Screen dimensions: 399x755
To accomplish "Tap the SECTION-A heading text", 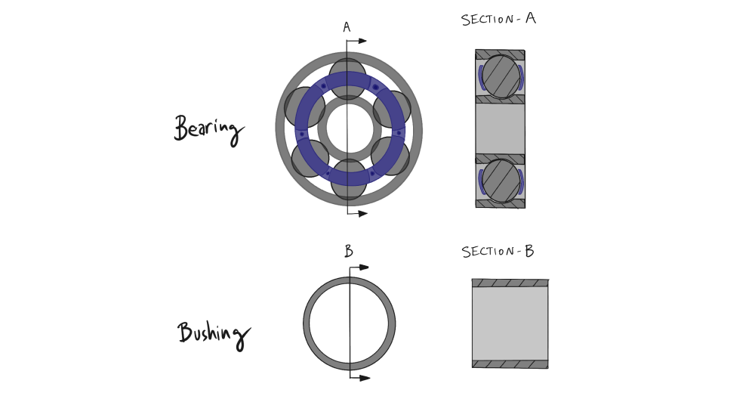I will point(498,20).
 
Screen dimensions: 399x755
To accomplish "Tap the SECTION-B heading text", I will point(498,252).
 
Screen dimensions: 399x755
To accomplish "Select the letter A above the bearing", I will point(347,28).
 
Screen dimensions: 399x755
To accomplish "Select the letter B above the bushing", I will point(348,252).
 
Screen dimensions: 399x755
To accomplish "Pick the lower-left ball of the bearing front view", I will point(310,157).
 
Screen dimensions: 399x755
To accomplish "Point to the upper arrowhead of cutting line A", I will point(362,41).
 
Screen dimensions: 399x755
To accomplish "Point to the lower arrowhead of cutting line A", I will point(362,214).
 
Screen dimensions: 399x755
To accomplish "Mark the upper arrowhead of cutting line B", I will point(364,268).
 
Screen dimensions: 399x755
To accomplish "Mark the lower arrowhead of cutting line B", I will point(365,377).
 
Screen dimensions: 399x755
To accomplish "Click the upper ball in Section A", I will point(500,77).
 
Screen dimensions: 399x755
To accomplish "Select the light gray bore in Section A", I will point(500,128).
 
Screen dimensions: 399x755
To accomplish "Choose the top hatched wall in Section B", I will point(510,283).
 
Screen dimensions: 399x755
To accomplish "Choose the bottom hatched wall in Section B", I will point(510,363).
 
